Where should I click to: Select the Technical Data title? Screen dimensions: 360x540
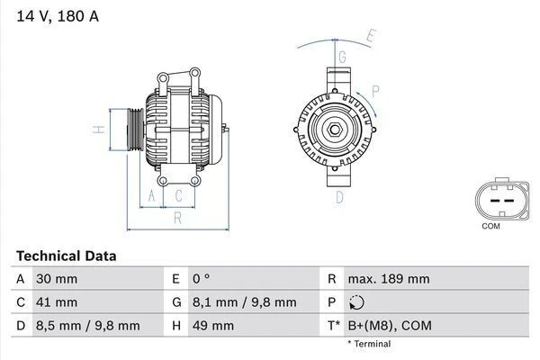[66, 256]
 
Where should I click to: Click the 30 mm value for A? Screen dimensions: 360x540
[55, 279]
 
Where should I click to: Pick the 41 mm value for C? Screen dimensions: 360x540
[55, 301]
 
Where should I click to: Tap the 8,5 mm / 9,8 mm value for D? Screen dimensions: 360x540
[87, 325]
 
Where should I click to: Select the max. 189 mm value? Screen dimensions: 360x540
[388, 279]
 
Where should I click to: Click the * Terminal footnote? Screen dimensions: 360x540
[369, 344]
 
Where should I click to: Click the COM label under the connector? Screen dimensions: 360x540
[490, 226]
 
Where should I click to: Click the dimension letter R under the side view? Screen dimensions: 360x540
[177, 217]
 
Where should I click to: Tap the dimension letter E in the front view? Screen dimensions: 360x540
[369, 37]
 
